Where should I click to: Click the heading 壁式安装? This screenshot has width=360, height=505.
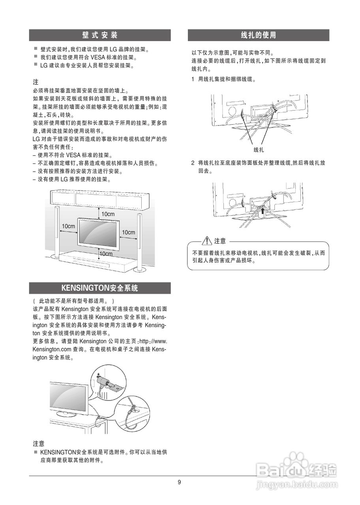[x=100, y=35]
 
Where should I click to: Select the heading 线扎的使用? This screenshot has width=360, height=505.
[x=258, y=35]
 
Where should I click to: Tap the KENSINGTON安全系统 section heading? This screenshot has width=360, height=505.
[x=100, y=288]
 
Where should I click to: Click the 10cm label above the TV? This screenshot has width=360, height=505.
[x=108, y=214]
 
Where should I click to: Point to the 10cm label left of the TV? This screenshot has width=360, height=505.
[x=68, y=226]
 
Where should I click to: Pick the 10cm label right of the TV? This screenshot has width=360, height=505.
[x=128, y=232]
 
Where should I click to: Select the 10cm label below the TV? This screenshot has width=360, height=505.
[x=106, y=254]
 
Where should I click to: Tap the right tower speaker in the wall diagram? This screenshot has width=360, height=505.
[x=139, y=241]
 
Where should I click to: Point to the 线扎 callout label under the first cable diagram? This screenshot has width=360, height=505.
[x=259, y=150]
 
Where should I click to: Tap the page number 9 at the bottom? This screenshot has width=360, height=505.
[x=180, y=482]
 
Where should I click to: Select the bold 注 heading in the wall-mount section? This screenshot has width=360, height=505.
[x=36, y=82]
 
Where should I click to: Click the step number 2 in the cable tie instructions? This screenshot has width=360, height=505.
[x=193, y=163]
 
